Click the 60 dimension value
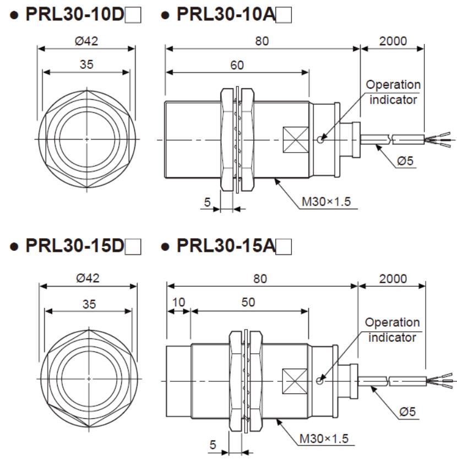[237, 64]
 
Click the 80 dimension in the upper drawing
[263, 41]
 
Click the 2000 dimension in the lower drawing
[393, 278]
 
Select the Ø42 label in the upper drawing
[88, 41]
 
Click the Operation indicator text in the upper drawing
[393, 92]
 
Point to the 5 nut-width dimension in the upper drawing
[208, 202]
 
